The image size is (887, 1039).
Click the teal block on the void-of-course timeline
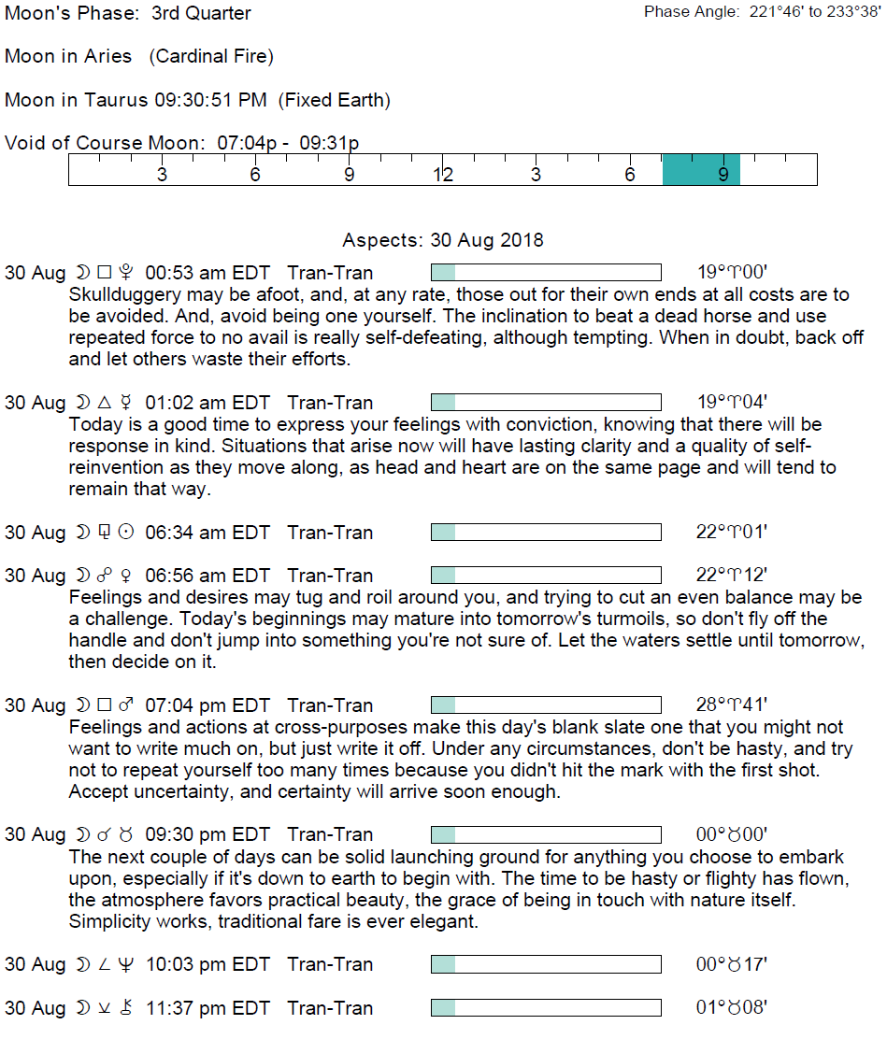(x=701, y=170)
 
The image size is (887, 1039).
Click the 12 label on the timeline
(x=442, y=175)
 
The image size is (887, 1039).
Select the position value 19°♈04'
(x=731, y=403)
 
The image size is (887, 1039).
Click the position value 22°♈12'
(x=731, y=576)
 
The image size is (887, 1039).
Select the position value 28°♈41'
(x=731, y=705)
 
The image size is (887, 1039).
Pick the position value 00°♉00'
(x=731, y=834)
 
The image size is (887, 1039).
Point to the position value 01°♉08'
(x=731, y=1008)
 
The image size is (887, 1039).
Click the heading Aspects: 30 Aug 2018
(x=443, y=240)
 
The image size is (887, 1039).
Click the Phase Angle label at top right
(x=692, y=12)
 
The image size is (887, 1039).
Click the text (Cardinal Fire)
(x=211, y=57)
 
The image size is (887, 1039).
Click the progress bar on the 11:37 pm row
(x=546, y=1008)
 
